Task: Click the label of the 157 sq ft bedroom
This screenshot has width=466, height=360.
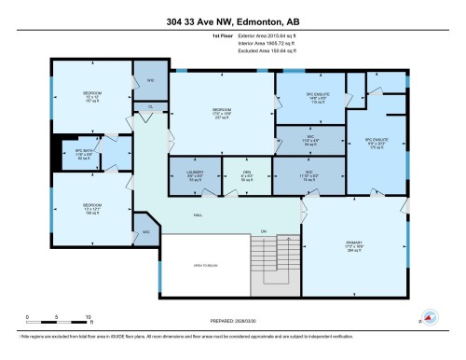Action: click(92, 95)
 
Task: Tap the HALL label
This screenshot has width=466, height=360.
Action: click(198, 215)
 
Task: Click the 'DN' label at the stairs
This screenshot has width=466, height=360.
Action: click(264, 230)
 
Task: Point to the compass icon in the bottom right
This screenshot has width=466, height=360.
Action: click(428, 316)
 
